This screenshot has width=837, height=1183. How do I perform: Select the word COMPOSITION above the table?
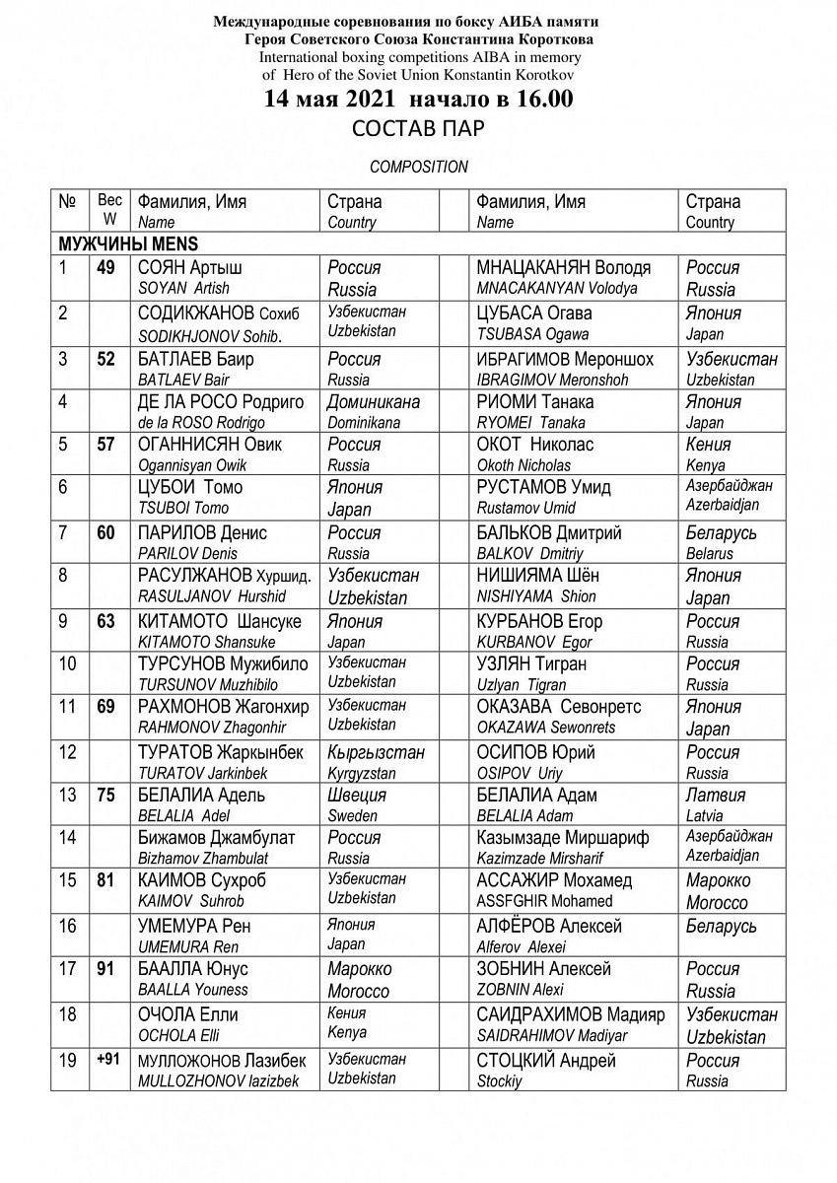419,167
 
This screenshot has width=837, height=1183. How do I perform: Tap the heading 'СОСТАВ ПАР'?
419,130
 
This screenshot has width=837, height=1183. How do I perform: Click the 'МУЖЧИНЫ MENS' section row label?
115,244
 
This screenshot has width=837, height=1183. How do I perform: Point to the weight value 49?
106,268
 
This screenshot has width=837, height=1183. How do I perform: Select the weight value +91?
106,1060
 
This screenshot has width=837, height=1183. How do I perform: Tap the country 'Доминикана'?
375,401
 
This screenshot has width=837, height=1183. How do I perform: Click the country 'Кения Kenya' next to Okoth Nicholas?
706,454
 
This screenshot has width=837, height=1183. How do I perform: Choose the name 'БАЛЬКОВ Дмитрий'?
549,533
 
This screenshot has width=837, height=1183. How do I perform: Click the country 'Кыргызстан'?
375,752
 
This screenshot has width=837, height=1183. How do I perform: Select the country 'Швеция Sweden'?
357,804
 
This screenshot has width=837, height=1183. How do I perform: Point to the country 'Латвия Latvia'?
715,804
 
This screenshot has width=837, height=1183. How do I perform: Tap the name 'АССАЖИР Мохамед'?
554,880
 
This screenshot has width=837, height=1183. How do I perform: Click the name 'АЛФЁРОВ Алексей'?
549,926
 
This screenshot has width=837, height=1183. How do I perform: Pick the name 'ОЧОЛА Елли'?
188,1014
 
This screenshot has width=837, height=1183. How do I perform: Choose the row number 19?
68,1062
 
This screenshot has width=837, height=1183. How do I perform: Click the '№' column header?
68,201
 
